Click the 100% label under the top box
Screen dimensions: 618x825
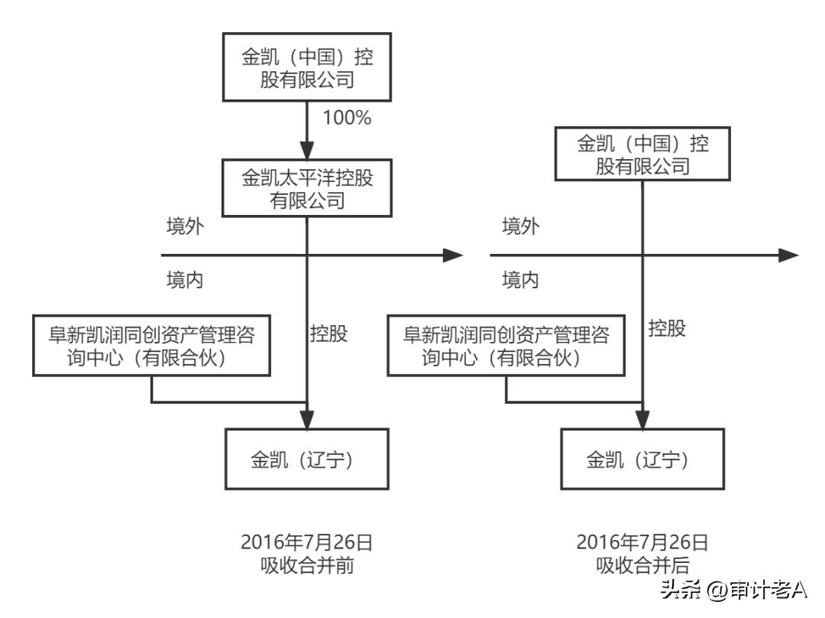(x=347, y=119)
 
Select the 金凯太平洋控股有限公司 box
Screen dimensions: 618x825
(x=307, y=188)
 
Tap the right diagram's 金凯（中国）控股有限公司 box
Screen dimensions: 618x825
(x=642, y=154)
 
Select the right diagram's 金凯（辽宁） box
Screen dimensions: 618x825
(x=641, y=459)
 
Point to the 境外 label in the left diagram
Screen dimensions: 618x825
(x=185, y=227)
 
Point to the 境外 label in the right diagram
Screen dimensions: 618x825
(x=520, y=227)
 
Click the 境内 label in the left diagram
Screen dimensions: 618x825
(x=185, y=280)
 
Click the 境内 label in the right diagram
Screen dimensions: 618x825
(x=520, y=280)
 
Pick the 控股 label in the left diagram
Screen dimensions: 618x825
(x=329, y=334)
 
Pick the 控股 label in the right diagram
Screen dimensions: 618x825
(x=667, y=329)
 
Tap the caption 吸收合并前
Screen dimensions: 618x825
(x=306, y=567)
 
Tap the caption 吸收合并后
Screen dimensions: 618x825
(x=642, y=567)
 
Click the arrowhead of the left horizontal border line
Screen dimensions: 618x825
(x=454, y=255)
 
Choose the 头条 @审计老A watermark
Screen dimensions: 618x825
(x=733, y=590)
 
